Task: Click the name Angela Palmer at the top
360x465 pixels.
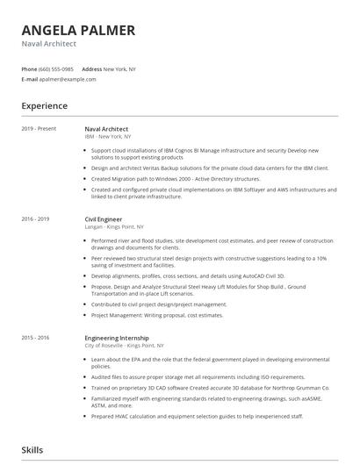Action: click(78, 31)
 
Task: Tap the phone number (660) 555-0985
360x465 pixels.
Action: click(57, 68)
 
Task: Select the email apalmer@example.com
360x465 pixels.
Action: click(63, 79)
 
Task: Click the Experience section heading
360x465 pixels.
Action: click(44, 106)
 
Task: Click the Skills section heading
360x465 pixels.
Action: click(32, 450)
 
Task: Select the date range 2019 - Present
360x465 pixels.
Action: click(39, 129)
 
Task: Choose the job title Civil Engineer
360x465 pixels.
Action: click(103, 219)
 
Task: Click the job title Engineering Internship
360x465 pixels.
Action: click(117, 337)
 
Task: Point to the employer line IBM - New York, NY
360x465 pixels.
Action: click(108, 137)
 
